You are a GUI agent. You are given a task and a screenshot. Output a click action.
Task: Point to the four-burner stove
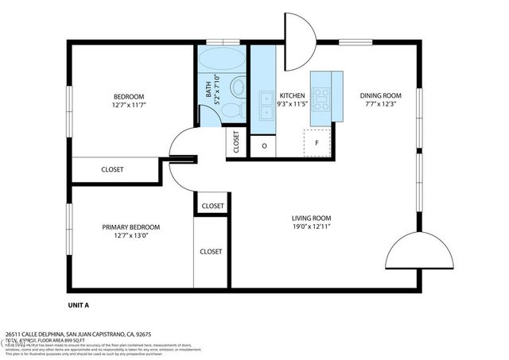click(x=321, y=99)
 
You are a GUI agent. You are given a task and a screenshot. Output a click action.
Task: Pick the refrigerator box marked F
click(x=317, y=144)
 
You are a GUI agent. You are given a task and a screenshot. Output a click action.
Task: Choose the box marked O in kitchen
click(x=263, y=146)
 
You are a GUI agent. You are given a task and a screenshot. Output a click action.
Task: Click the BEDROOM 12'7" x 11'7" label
click(x=129, y=100)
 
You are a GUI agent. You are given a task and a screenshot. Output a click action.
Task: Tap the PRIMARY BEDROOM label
click(x=130, y=230)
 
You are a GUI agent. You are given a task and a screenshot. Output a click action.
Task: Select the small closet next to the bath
click(x=236, y=142)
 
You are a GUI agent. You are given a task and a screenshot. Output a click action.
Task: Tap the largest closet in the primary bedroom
click(x=211, y=252)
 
